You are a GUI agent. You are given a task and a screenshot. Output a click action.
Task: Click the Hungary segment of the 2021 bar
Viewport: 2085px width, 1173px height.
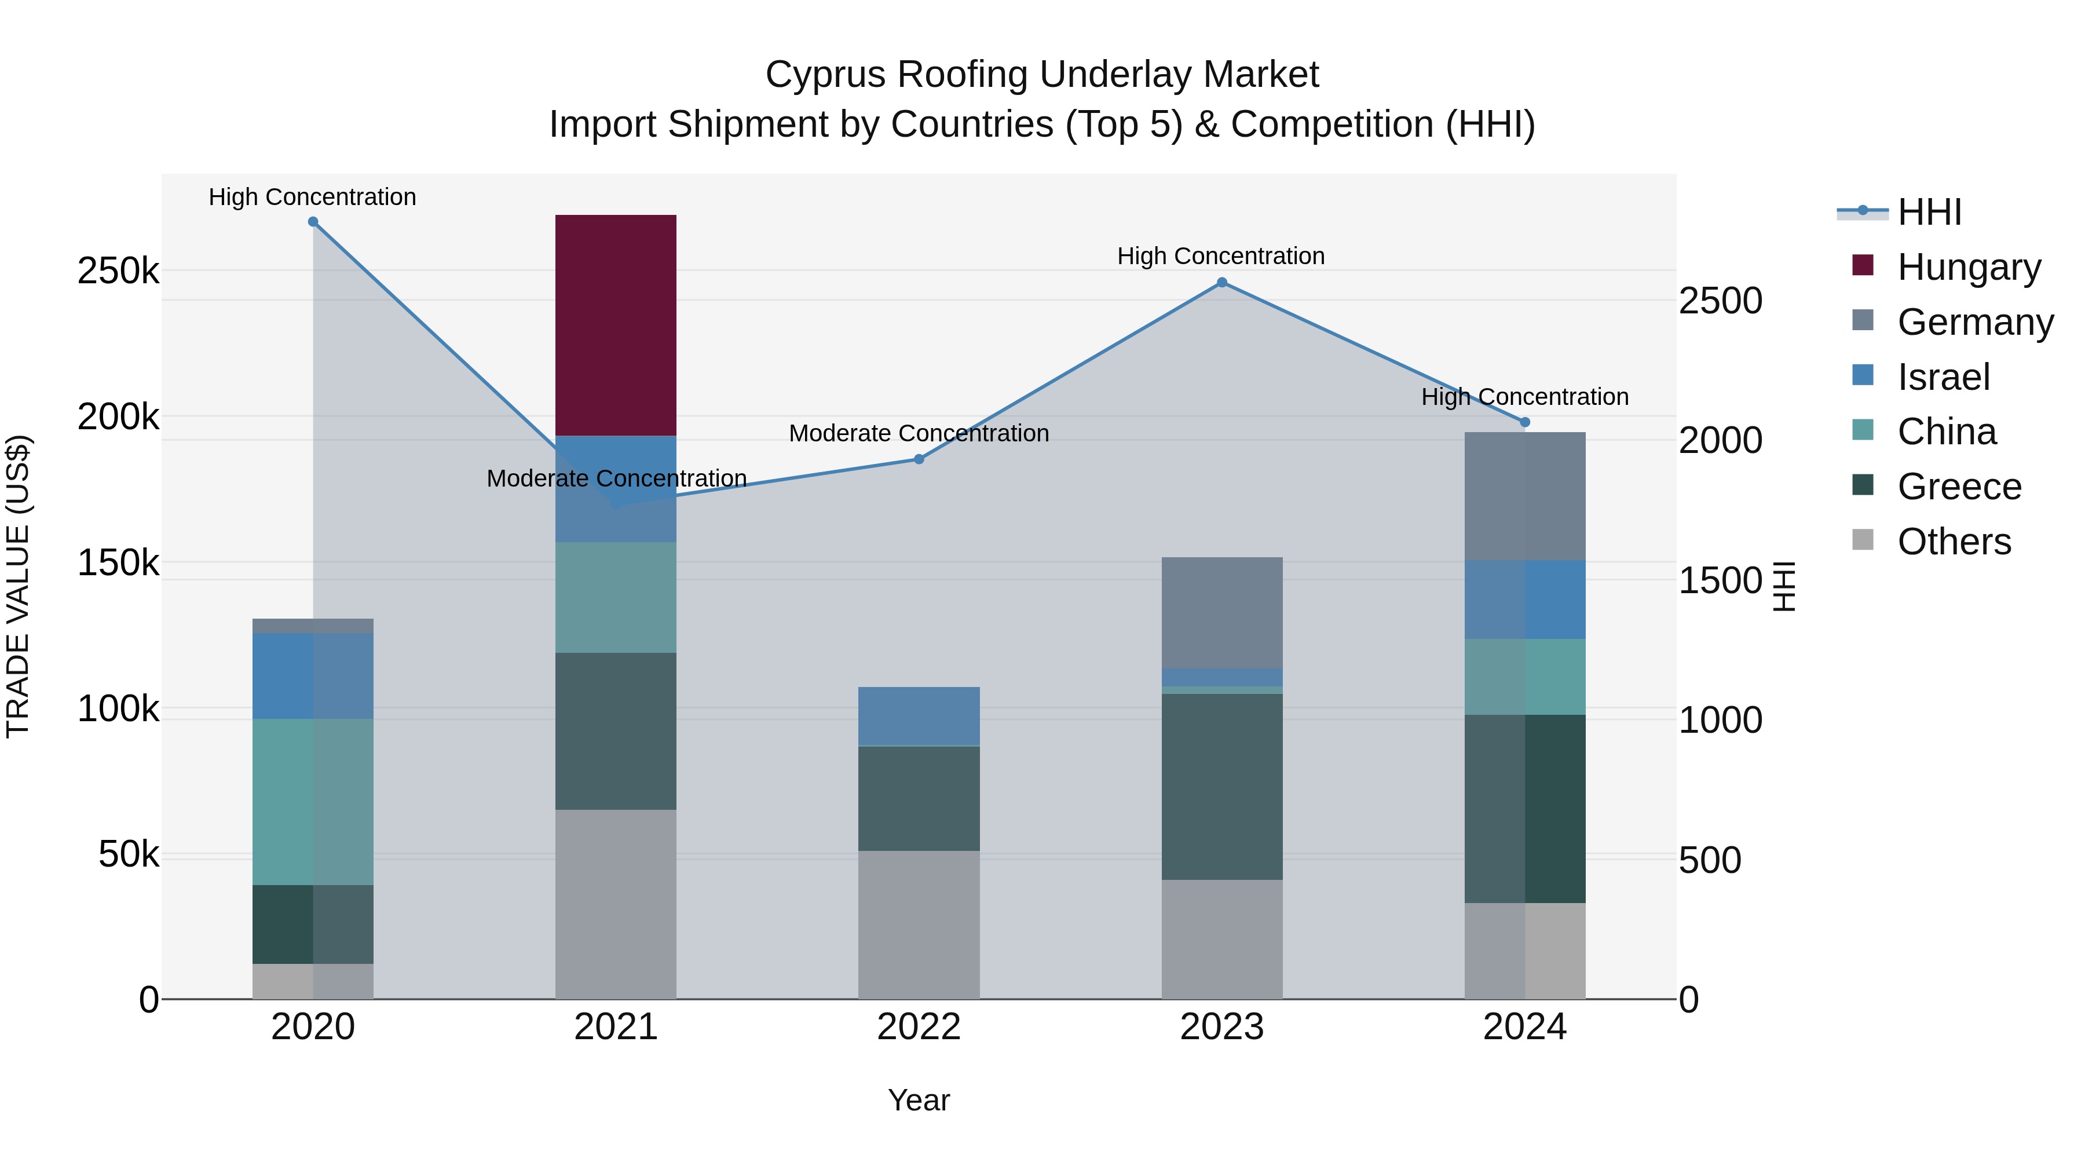pos(616,326)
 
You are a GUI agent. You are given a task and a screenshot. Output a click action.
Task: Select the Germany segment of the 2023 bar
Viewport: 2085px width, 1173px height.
pos(1222,613)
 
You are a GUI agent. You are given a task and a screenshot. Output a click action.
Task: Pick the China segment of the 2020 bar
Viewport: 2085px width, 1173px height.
pos(313,802)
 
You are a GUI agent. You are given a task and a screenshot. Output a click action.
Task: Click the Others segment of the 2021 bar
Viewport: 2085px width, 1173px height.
pos(616,905)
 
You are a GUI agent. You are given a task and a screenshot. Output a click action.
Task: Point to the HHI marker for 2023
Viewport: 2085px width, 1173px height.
pos(1222,283)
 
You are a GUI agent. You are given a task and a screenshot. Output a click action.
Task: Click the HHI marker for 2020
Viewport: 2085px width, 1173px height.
pos(313,222)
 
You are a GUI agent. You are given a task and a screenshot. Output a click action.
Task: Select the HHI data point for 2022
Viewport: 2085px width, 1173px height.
pos(919,459)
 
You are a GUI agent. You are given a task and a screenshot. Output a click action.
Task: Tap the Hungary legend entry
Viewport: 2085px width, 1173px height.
pos(1947,266)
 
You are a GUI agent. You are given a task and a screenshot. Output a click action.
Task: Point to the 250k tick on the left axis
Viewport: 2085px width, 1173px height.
pos(119,271)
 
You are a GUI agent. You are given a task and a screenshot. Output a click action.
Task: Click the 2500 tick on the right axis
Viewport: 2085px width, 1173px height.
pos(1721,301)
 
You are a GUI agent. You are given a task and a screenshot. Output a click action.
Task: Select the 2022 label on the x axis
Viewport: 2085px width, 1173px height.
pos(919,1027)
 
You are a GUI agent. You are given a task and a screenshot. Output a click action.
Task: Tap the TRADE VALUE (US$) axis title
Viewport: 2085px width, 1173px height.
pos(18,586)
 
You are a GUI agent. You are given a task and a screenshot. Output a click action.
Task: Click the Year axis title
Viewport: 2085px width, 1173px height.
pos(919,1101)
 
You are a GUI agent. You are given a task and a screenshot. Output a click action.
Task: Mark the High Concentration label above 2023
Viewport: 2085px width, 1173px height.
pos(1221,256)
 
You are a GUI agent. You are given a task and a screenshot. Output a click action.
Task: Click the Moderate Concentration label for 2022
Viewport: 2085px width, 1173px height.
pos(919,433)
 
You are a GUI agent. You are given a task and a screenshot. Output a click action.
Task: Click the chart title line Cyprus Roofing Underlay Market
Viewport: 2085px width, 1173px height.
pos(1042,75)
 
